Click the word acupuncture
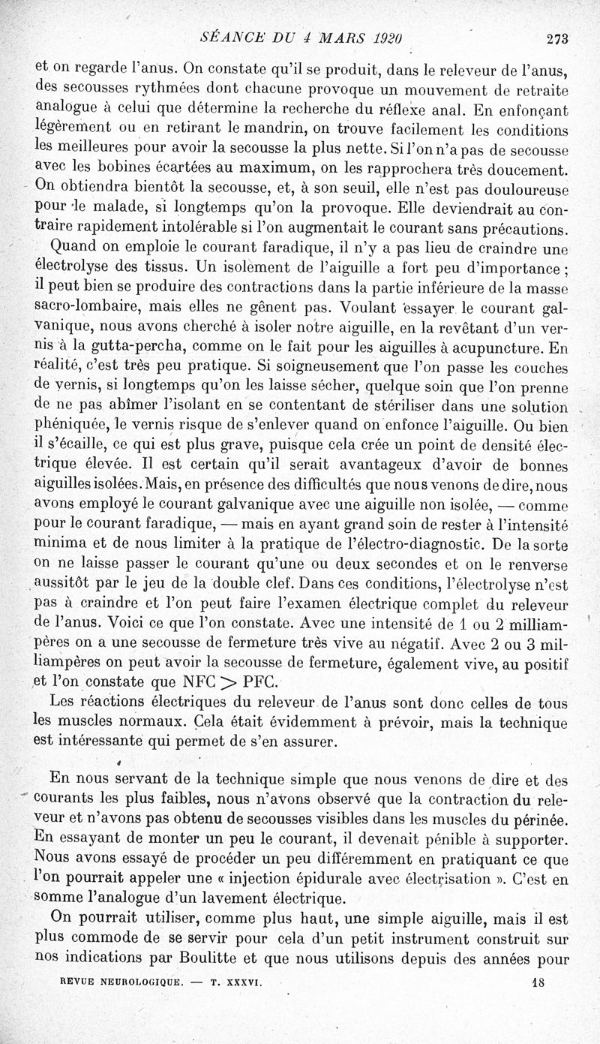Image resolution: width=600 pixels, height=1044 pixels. pos(500,349)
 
